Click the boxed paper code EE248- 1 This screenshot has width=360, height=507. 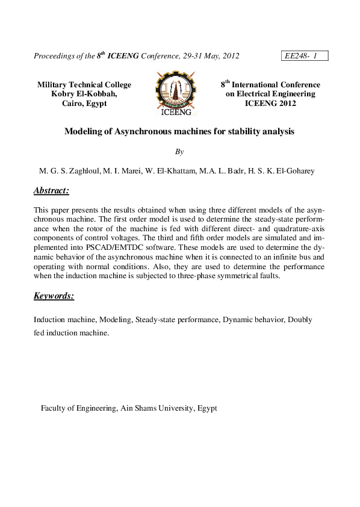(x=304, y=56)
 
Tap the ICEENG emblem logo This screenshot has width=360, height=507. (x=176, y=94)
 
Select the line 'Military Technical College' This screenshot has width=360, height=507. (x=84, y=85)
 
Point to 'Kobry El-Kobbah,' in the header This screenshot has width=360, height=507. (x=84, y=94)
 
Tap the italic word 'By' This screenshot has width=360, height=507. (x=179, y=152)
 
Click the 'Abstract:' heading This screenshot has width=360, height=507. (x=52, y=191)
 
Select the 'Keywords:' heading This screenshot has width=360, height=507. (x=54, y=296)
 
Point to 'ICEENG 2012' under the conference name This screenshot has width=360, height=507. (x=270, y=103)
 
